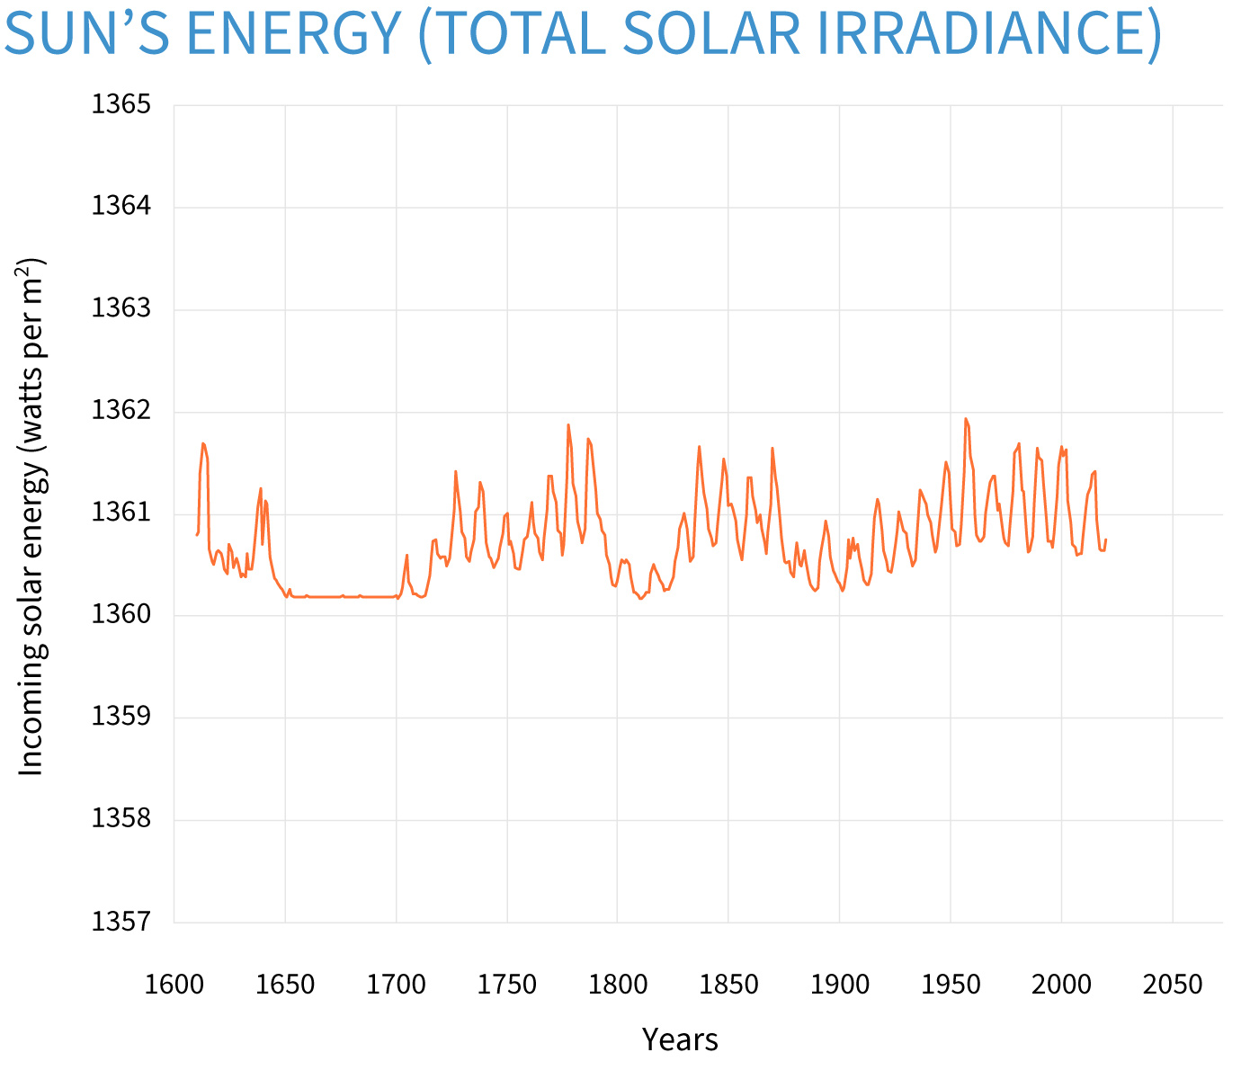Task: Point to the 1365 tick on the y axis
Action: (x=121, y=105)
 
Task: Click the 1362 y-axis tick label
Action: (x=121, y=412)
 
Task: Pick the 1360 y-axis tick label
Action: (x=121, y=616)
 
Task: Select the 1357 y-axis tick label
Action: (x=121, y=923)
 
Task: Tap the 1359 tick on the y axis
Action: (x=121, y=718)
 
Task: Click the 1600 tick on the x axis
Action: (x=174, y=985)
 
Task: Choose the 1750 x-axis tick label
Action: (x=507, y=985)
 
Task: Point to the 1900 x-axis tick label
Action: (x=840, y=985)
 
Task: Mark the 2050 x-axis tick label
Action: (x=1173, y=985)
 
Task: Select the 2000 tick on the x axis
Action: (x=1062, y=985)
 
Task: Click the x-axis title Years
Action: (x=680, y=1040)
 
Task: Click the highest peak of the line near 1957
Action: (x=966, y=418)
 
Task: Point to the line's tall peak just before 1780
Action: (x=568, y=424)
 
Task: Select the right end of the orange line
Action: (x=1106, y=539)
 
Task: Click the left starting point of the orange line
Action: (x=196, y=536)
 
